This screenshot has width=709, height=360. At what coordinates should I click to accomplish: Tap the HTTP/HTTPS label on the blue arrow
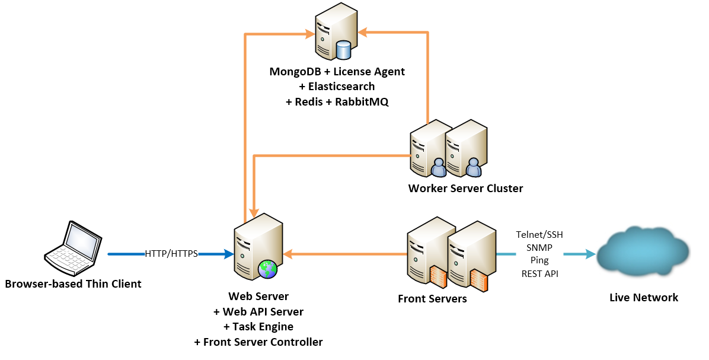coord(171,254)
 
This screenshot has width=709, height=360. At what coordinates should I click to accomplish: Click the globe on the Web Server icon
coord(267,269)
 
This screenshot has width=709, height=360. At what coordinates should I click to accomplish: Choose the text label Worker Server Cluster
coord(465,189)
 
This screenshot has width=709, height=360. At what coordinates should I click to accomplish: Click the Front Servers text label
coord(432,299)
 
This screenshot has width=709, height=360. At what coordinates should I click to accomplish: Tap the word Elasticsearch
coord(337,87)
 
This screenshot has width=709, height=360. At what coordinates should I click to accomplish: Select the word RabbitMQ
coord(362,101)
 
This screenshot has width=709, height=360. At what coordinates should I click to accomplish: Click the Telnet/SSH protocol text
coord(539,235)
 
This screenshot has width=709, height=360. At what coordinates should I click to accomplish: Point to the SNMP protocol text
coord(539,247)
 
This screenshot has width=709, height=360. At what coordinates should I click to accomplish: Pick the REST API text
coord(539,273)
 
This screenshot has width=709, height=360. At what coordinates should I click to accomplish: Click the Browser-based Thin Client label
coord(73,283)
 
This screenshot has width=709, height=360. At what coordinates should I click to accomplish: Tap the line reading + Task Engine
coord(258,326)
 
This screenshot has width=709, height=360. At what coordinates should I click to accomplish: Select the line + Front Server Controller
coord(258,342)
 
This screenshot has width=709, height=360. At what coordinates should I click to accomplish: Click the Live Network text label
coord(643,298)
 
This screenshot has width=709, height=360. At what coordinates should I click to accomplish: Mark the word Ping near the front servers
coord(539,260)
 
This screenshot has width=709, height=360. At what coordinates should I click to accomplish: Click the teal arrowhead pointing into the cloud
coord(589,254)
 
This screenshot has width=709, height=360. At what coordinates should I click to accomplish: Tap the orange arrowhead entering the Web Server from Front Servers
coord(289,254)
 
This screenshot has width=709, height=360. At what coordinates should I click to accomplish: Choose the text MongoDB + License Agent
coord(337,72)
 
